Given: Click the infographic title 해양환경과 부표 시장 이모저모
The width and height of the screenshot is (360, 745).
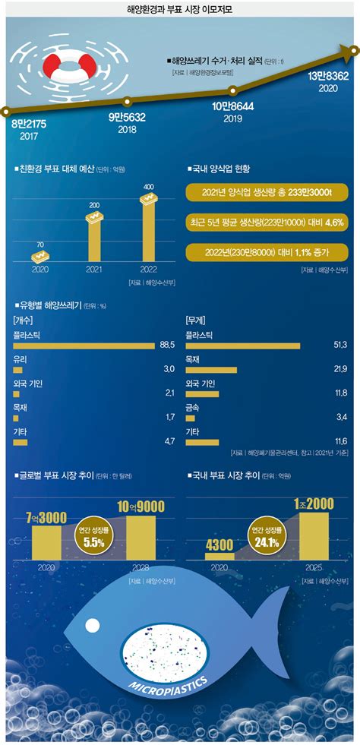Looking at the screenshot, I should click(180, 9).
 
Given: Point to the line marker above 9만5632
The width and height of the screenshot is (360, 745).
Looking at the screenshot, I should click(128, 100).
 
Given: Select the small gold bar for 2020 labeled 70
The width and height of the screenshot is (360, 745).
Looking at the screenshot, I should click(41, 254).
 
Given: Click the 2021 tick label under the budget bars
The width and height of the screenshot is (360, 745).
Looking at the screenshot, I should click(95, 268).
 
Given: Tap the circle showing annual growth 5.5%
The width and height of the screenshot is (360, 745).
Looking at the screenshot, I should click(94, 536).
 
